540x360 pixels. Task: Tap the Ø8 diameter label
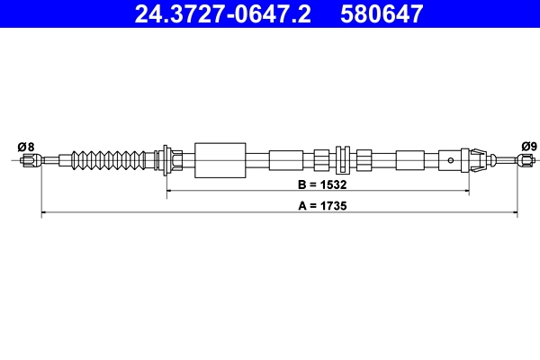26,147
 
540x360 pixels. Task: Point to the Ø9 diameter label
528,147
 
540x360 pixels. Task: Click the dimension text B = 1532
322,184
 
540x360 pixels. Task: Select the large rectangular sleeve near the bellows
220,160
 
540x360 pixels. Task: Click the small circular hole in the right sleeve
451,160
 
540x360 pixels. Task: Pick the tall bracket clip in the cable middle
342,159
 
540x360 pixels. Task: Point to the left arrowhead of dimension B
169,192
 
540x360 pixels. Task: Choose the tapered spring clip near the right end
478,160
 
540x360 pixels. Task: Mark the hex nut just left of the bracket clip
322,160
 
